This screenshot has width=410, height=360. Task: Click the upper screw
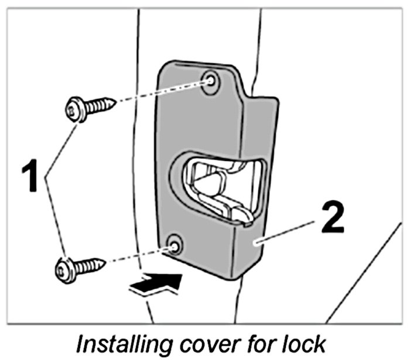tap(88, 107)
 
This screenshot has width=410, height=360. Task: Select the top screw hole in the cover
tap(210, 82)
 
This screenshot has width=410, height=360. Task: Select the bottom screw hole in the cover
tap(174, 244)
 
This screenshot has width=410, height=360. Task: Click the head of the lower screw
tap(66, 269)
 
